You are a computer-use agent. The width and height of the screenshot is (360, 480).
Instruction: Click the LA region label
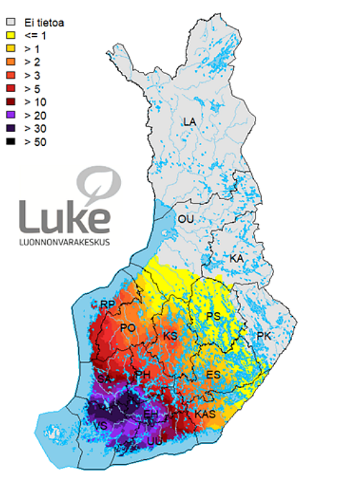189,122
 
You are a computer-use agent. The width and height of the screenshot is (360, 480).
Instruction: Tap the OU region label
186,219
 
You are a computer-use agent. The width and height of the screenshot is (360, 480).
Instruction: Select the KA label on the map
237,258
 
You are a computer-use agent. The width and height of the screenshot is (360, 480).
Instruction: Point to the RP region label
107,304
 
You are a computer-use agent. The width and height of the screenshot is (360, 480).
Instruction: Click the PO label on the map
128,328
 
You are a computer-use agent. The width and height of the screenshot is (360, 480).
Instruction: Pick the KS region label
170,336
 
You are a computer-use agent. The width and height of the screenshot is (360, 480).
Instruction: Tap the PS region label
214,317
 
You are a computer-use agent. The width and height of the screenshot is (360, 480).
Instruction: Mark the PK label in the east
263,335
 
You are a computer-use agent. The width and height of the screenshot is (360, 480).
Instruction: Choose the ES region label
213,374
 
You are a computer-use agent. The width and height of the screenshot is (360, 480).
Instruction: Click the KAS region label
205,414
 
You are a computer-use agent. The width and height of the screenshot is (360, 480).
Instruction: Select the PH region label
143,376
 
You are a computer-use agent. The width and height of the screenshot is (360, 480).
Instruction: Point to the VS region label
100,425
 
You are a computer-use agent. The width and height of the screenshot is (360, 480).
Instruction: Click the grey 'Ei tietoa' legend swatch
9,22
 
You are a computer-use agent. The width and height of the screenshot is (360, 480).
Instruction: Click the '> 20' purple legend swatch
9,115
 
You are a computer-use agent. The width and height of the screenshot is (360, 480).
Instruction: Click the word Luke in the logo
64,216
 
